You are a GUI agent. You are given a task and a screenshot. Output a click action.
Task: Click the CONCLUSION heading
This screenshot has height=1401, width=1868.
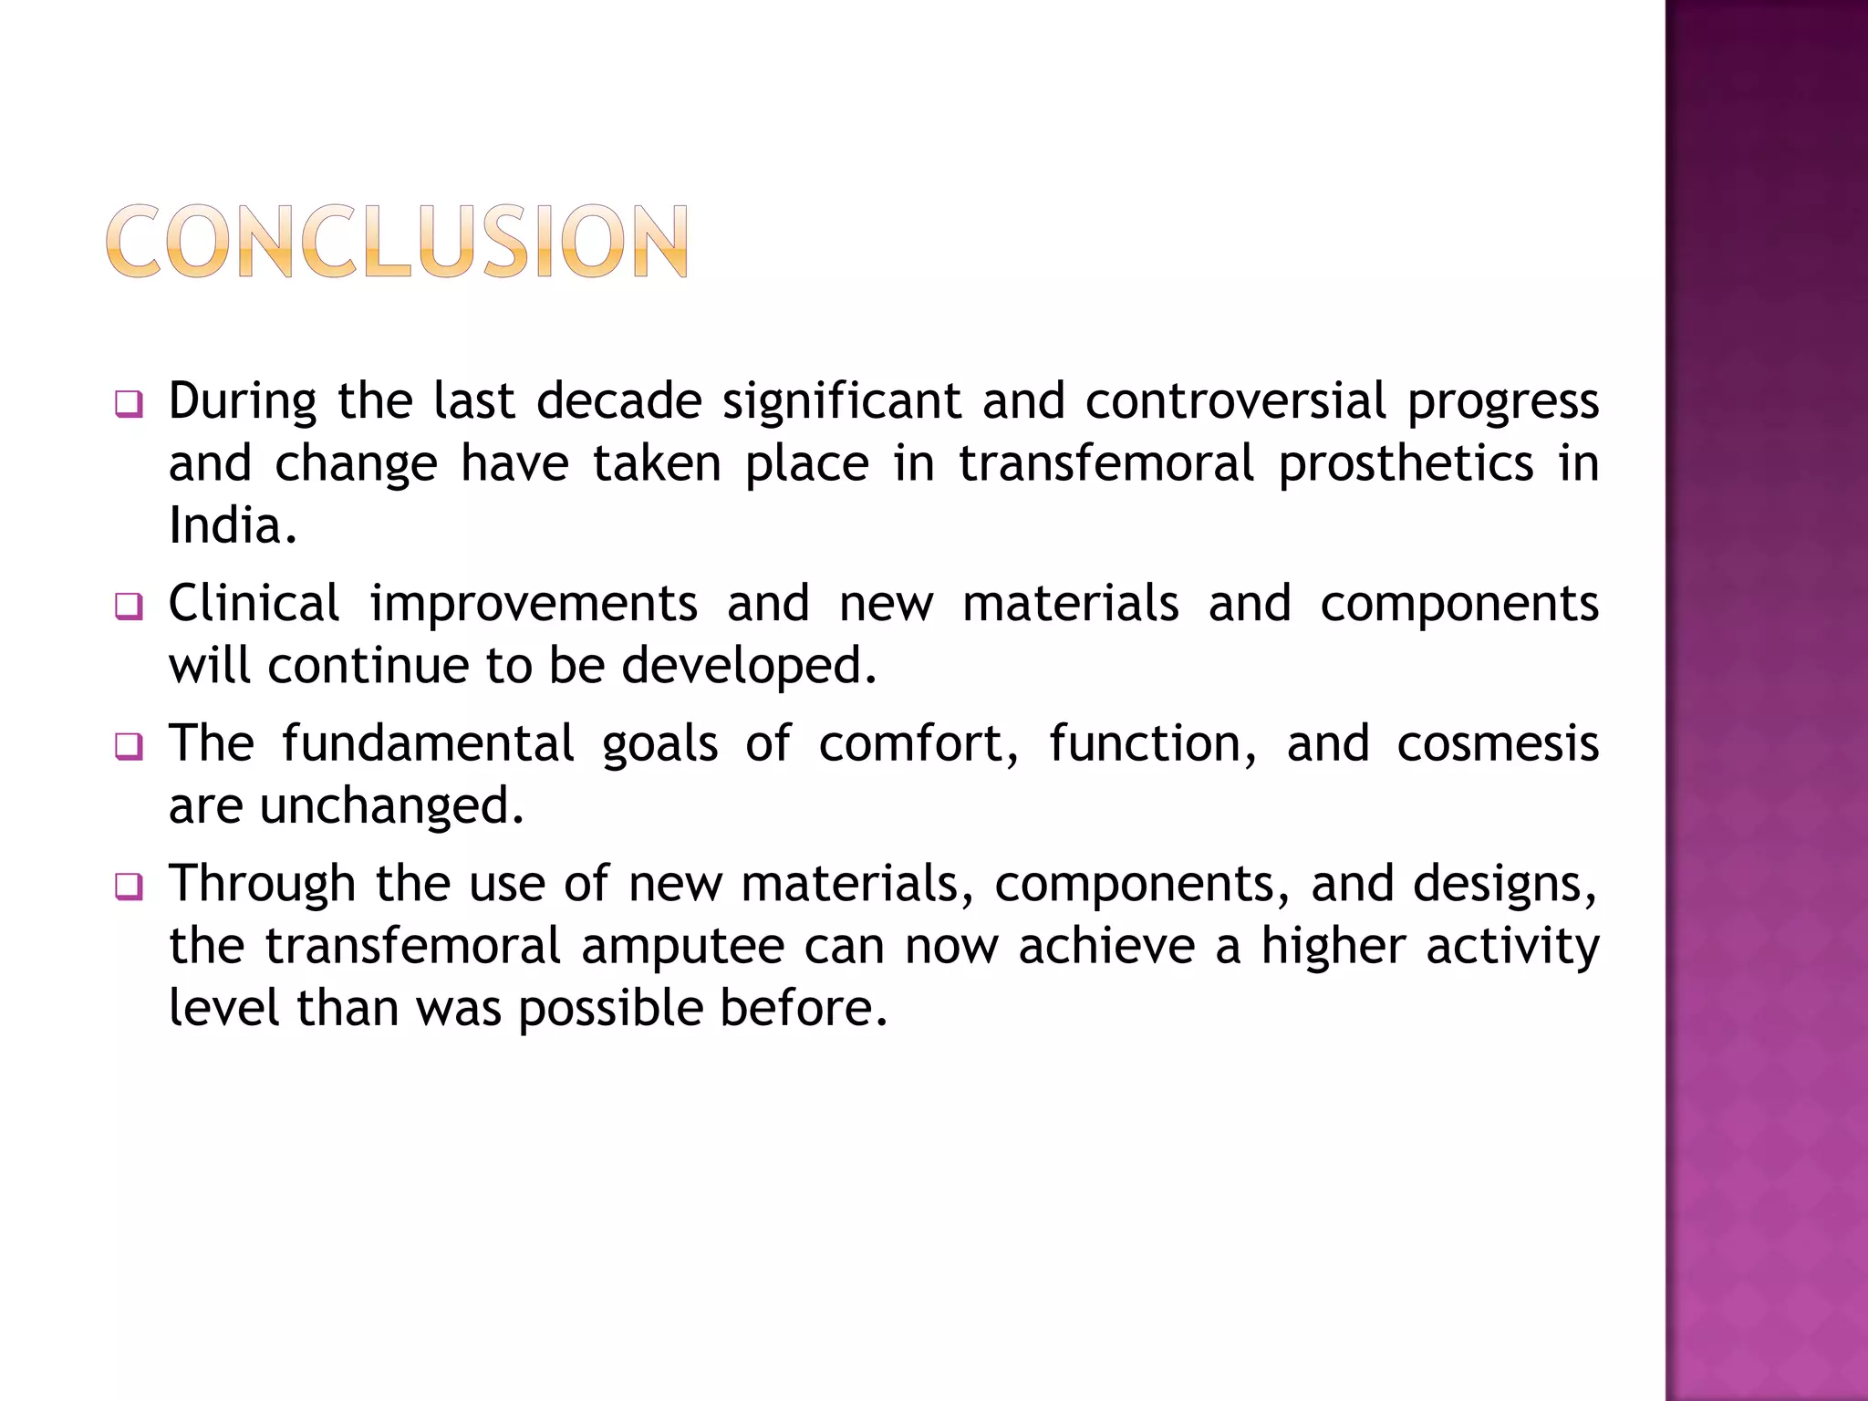(397, 241)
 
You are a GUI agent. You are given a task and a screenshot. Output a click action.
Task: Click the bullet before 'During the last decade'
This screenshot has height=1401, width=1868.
(129, 404)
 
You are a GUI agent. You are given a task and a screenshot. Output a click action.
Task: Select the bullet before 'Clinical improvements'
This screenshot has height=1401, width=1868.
(129, 607)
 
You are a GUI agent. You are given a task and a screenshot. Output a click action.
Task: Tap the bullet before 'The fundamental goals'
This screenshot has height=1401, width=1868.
(129, 747)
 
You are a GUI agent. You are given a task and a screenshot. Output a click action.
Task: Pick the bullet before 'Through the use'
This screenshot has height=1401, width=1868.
(129, 887)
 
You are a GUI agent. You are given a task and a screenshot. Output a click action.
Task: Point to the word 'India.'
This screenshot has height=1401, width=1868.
(233, 526)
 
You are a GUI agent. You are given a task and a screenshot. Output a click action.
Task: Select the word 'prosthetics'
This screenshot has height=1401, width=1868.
(1406, 464)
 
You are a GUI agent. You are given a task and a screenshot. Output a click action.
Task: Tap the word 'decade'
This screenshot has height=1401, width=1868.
(619, 401)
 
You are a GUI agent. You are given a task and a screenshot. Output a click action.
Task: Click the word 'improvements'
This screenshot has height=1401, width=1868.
(534, 605)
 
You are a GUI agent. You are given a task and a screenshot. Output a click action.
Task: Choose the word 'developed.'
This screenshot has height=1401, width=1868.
(749, 666)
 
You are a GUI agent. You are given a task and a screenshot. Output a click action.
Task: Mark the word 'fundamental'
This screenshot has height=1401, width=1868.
(428, 743)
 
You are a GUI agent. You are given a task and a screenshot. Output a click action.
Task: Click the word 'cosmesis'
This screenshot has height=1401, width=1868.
(1498, 743)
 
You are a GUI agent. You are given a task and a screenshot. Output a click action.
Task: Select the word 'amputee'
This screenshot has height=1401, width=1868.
(683, 947)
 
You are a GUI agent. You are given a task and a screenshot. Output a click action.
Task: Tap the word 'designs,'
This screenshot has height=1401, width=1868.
(1454, 885)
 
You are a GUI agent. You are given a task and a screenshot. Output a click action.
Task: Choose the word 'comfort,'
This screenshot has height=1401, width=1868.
(918, 743)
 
